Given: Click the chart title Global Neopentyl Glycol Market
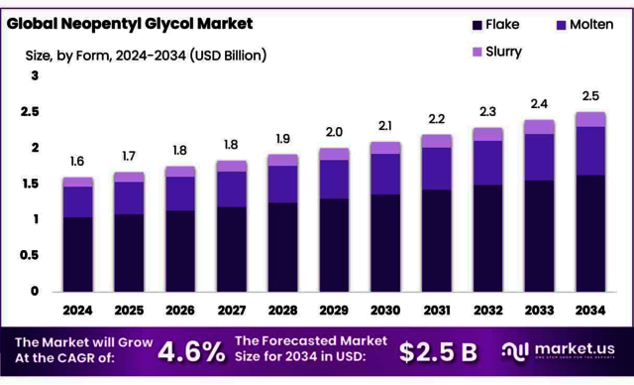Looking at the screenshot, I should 130,22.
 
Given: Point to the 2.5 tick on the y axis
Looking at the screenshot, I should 35,112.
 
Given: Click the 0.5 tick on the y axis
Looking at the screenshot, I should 35,256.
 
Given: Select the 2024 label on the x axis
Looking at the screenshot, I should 77,310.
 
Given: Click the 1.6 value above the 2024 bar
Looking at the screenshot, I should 77,162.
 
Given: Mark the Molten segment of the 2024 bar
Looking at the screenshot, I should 77,201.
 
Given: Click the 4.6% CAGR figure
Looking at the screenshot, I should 191,350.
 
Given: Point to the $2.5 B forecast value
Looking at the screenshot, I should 439,350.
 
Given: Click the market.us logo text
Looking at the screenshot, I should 575,348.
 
